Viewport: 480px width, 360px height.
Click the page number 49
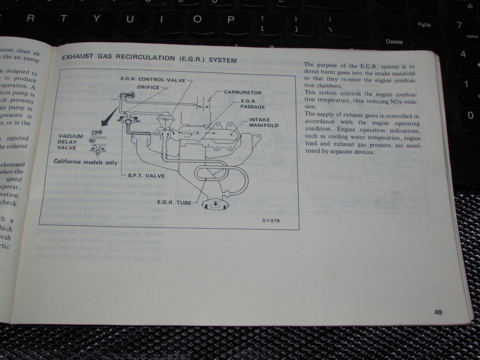pyautogui.click(x=438, y=312)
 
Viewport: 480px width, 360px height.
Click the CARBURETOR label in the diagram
pyautogui.click(x=242, y=92)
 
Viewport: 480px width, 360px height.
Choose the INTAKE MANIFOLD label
pyautogui.click(x=264, y=123)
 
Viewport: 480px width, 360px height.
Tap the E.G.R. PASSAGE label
pyautogui.click(x=253, y=104)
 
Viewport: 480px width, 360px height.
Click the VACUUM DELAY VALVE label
pyautogui.click(x=70, y=142)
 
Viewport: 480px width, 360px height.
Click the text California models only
pyautogui.click(x=86, y=162)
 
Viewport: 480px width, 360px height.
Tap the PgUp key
pyautogui.click(x=424, y=25)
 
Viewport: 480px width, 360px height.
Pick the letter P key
pyautogui.click(x=230, y=19)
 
